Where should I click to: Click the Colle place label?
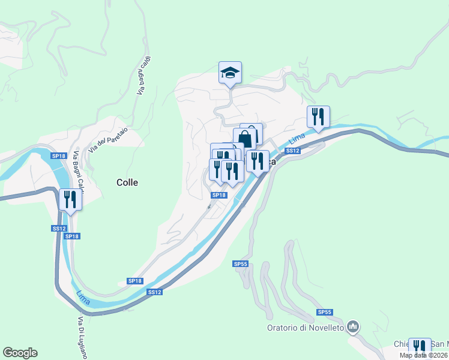127,182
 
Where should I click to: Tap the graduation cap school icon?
230,73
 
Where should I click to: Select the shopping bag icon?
245,139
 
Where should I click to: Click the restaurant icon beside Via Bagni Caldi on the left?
70,200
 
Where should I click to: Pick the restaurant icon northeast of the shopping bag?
318,117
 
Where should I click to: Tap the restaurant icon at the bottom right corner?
420,348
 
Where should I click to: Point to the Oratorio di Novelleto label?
306,328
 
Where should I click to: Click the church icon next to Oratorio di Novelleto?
353,327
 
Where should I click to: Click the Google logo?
20,353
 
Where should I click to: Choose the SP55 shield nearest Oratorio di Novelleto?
325,313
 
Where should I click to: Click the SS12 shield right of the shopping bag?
292,151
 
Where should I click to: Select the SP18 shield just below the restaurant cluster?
218,195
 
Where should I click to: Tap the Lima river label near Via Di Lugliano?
83,296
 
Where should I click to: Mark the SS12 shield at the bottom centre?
154,292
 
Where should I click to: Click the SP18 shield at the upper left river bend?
58,156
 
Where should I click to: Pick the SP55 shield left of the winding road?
240,264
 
